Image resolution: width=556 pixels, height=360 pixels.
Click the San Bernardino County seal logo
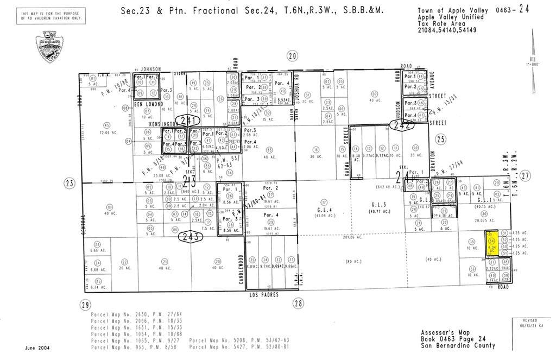pyautogui.click(x=49, y=46)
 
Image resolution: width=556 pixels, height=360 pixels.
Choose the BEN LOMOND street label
pyautogui.click(x=149, y=103)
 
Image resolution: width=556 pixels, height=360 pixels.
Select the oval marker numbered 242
pyautogui.click(x=402, y=125)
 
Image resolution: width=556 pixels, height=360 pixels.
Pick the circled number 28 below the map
pyautogui.click(x=297, y=304)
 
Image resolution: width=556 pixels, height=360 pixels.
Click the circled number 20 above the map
pyautogui.click(x=293, y=55)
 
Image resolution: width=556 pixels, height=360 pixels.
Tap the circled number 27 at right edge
pyautogui.click(x=525, y=175)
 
